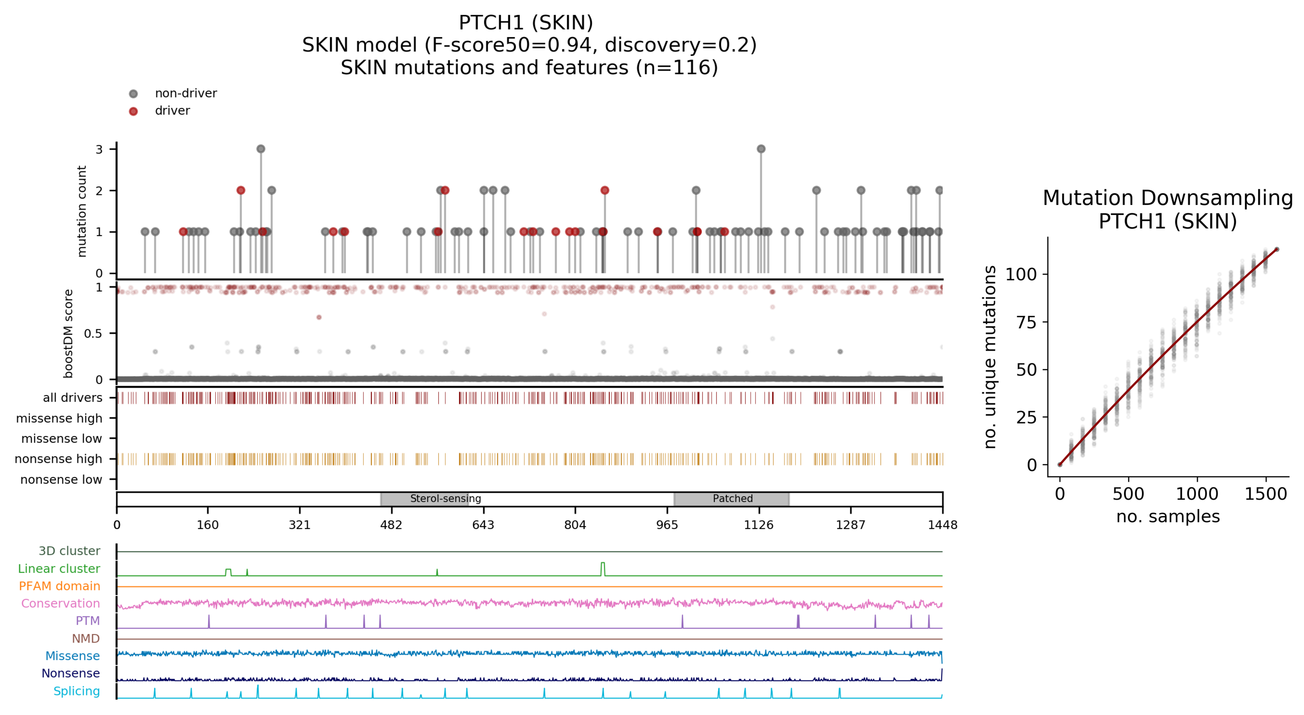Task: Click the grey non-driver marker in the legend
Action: point(133,94)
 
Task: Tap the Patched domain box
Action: point(731,499)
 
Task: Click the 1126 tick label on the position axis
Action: point(758,525)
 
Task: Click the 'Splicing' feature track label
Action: point(77,691)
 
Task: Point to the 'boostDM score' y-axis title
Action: point(68,334)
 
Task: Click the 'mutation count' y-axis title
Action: point(81,211)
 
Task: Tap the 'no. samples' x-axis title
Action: point(1168,516)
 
